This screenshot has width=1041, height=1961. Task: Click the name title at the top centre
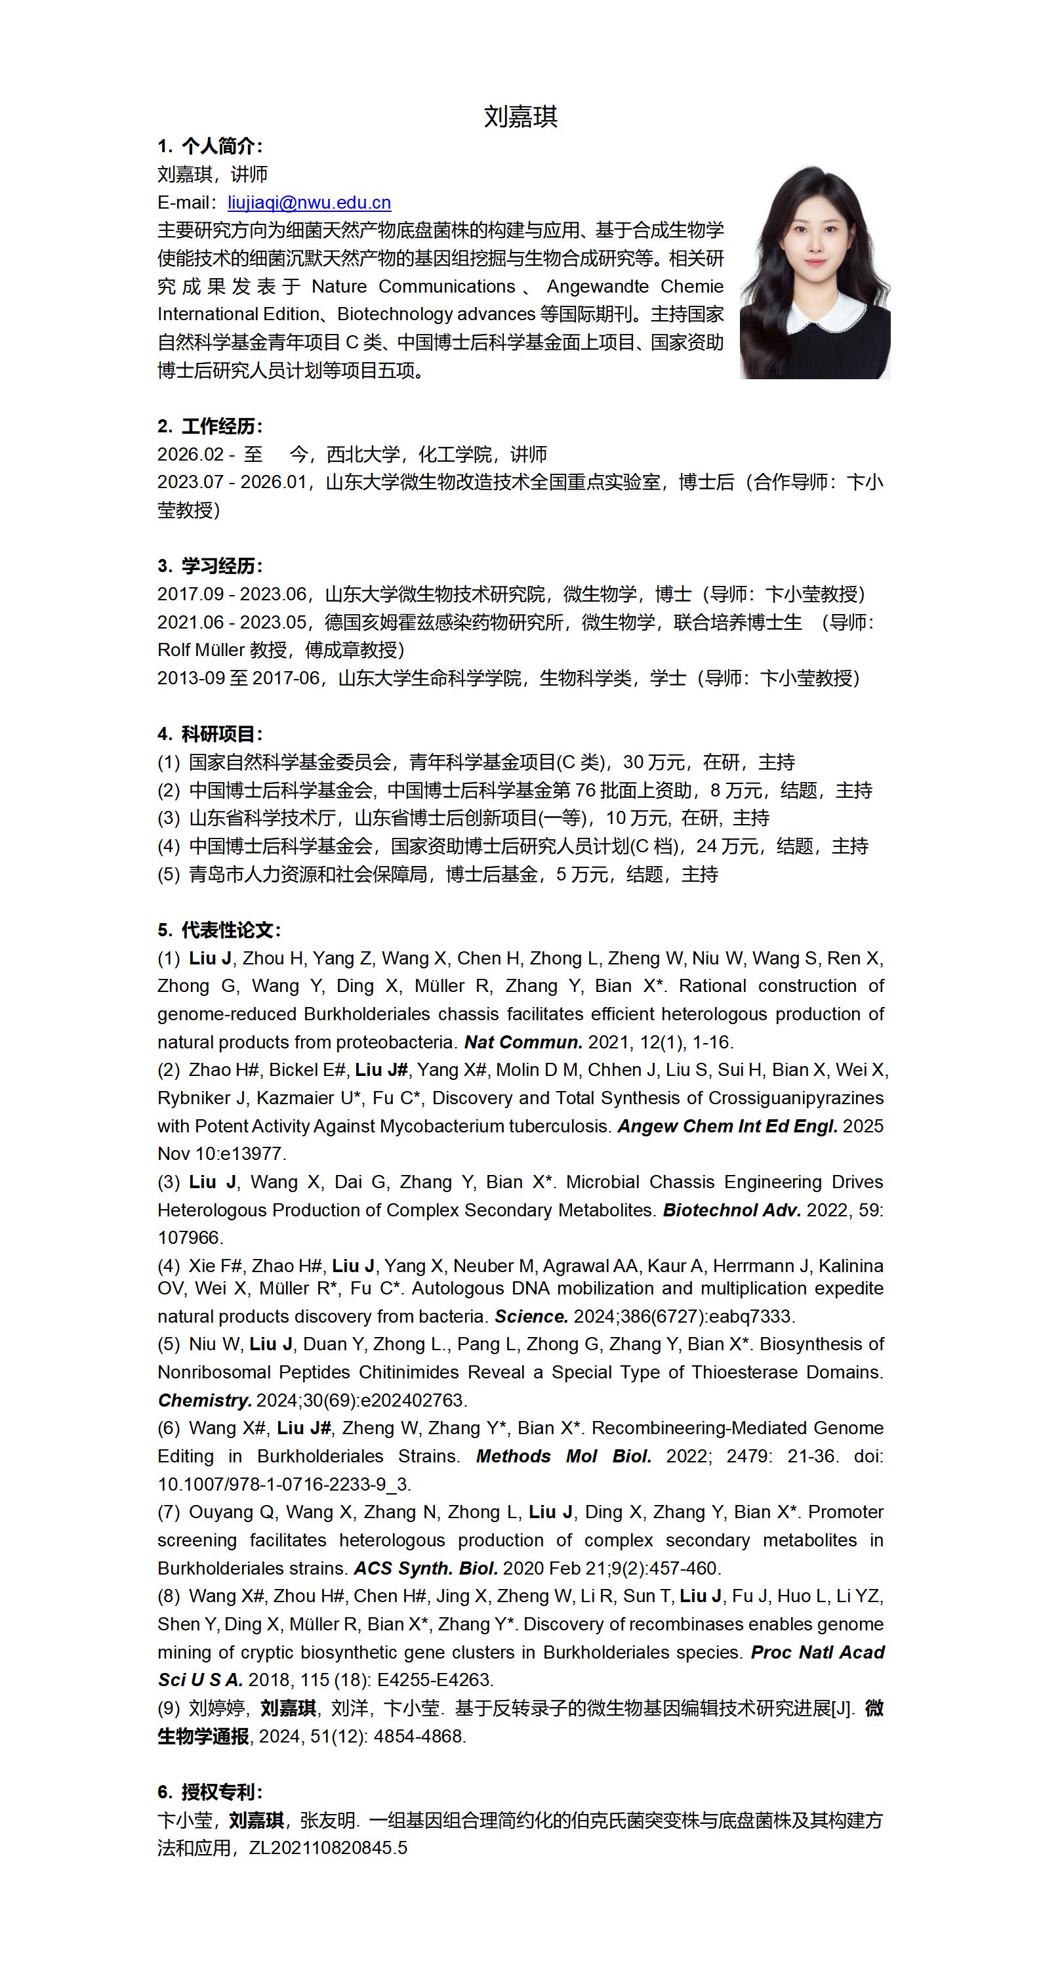point(521,117)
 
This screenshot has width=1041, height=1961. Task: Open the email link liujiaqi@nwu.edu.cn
point(309,203)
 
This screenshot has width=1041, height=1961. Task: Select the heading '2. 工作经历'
point(210,426)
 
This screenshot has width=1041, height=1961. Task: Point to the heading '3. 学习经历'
point(210,566)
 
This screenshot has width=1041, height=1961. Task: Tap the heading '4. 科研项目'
point(210,734)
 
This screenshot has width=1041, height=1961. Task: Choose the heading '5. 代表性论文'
point(219,930)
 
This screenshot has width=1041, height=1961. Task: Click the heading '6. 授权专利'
point(210,1792)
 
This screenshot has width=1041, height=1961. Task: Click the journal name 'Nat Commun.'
point(523,1042)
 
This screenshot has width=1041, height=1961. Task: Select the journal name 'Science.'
point(531,1316)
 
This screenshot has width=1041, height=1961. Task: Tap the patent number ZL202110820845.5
point(328,1847)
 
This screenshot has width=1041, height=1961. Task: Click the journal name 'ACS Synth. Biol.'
point(425,1568)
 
